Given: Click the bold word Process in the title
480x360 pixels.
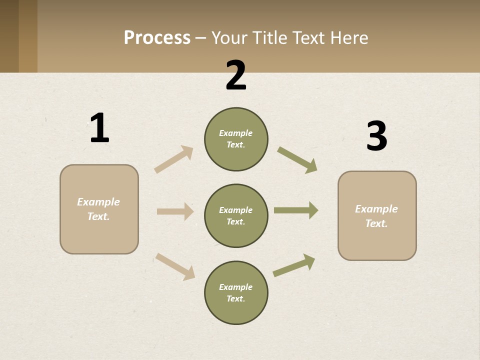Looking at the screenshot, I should (x=157, y=38).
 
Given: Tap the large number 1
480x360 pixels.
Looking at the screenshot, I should (x=99, y=128).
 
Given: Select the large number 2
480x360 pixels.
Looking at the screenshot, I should (x=236, y=75).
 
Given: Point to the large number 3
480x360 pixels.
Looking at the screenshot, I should (x=376, y=136).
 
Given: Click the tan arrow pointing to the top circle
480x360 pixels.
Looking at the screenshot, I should (x=173, y=159).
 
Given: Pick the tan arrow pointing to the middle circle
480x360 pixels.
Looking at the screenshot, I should (x=175, y=211).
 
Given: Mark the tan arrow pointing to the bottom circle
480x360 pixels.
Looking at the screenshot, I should (x=175, y=266).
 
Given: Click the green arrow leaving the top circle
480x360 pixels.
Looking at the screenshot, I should (x=297, y=159).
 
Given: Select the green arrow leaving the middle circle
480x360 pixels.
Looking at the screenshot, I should (x=295, y=210).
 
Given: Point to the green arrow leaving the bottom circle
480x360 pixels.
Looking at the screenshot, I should (x=294, y=265).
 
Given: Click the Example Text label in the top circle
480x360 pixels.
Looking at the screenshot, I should (x=236, y=139).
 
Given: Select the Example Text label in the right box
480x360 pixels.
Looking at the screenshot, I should (x=376, y=216).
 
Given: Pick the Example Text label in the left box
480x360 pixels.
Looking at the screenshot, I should (x=98, y=209).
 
